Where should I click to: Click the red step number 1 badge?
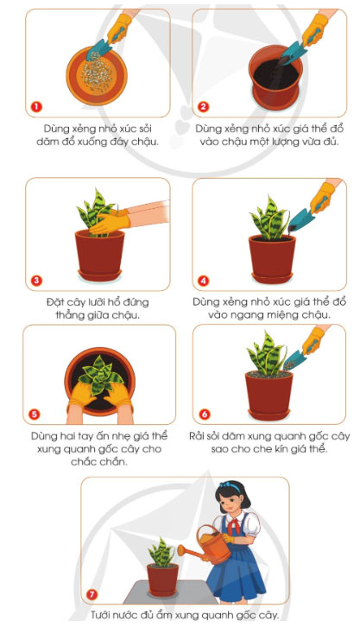pyautogui.click(x=36, y=107)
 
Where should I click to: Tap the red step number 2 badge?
pyautogui.click(x=204, y=107)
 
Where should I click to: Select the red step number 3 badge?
pyautogui.click(x=36, y=280)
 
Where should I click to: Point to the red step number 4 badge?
pyautogui.click(x=204, y=280)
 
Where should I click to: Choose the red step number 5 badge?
pyautogui.click(x=36, y=412)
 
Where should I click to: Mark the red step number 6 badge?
pyautogui.click(x=204, y=412)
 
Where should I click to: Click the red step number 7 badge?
pyautogui.click(x=92, y=594)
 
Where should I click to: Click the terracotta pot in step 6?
pyautogui.click(x=268, y=392)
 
